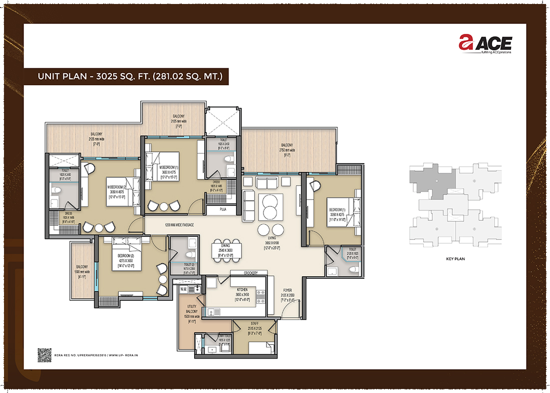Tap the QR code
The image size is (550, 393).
click(44, 354)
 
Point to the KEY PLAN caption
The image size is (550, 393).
click(455, 259)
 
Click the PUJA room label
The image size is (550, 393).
click(220, 210)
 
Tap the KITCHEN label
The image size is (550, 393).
click(242, 289)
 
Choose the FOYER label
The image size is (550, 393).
click(287, 289)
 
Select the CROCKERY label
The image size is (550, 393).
click(250, 273)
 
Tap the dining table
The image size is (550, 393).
click(227, 249)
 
